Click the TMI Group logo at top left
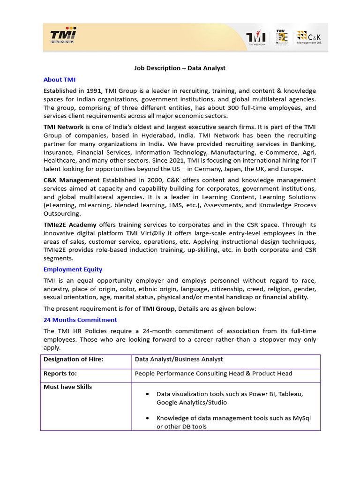pos(63,35)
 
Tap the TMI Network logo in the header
pos(256,37)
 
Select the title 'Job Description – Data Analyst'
pos(180,68)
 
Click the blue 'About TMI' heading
pos(60,80)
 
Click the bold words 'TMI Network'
pos(63,127)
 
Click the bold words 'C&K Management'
pos(71,180)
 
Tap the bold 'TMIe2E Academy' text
pos(70,225)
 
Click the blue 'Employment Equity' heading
pos(73,270)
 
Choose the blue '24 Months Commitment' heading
pos(80,320)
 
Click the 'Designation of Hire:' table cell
pos(74,359)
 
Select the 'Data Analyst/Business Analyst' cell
pos(179,359)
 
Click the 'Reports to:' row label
pos(60,374)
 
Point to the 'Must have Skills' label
pos(67,387)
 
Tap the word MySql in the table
pos(300,418)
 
